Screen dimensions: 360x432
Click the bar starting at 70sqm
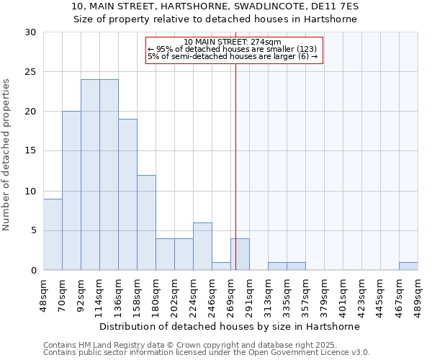[71, 191]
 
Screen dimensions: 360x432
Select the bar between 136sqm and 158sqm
[127, 194]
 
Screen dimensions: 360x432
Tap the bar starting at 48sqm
[53, 234]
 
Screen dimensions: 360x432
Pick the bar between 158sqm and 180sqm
[146, 222]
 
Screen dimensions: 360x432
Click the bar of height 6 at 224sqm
[202, 246]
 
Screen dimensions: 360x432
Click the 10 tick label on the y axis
[31, 192]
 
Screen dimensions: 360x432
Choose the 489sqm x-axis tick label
[418, 292]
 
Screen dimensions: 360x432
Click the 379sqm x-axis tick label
[324, 292]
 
